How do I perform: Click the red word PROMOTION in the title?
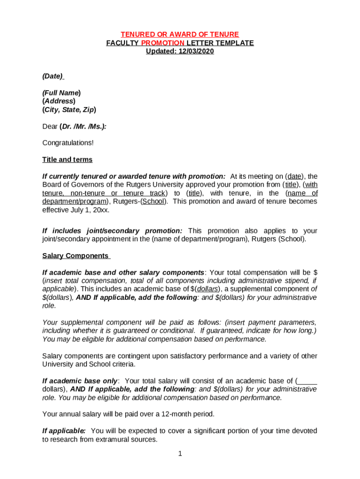coord(159,43)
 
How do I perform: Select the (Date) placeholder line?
coord(53,76)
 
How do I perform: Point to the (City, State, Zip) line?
coord(69,109)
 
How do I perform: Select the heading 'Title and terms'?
coord(67,160)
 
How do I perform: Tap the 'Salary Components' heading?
coord(76,256)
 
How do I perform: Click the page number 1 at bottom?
coord(180,454)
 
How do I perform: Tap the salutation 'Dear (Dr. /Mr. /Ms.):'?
coord(74,126)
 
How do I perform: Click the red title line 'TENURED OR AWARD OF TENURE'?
coord(180,35)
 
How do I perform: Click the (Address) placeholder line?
coord(59,101)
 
